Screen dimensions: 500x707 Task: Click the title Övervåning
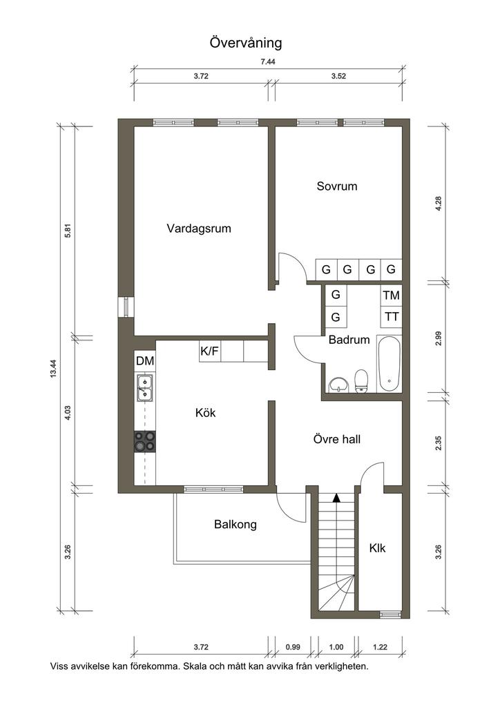point(246,43)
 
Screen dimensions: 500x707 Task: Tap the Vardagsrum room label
point(199,229)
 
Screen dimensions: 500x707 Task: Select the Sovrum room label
point(337,186)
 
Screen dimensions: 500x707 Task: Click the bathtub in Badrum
point(389,365)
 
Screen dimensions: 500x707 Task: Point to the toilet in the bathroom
point(362,381)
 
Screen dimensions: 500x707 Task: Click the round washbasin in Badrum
point(338,385)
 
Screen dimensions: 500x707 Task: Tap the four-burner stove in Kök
point(145,441)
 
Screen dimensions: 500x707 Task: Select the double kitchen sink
point(145,388)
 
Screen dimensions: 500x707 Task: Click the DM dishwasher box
point(145,360)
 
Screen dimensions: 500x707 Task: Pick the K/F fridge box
point(210,351)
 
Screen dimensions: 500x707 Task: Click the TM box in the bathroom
point(392,296)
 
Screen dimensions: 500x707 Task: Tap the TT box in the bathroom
point(392,316)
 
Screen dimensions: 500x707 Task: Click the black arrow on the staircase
point(336,498)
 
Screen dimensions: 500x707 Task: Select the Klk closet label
point(377,548)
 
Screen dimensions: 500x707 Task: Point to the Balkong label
point(235,525)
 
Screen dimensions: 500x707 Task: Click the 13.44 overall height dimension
point(54,368)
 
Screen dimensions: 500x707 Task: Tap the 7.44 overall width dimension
point(268,62)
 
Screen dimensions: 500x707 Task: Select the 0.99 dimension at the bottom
point(293,647)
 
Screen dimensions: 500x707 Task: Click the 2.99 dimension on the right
point(439,338)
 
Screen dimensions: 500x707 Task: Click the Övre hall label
point(337,439)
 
